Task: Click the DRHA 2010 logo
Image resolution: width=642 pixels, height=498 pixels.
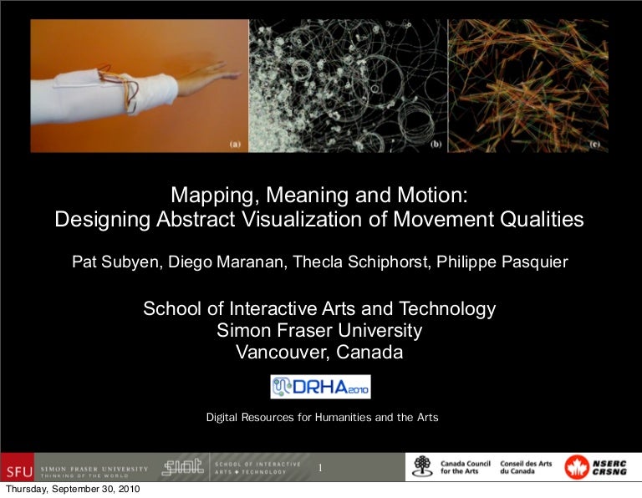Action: tap(321, 387)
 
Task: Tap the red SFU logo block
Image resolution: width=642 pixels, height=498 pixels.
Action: tap(18, 467)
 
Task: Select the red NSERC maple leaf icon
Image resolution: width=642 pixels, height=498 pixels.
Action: tap(577, 467)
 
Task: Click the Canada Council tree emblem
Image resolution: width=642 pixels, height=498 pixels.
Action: tap(422, 466)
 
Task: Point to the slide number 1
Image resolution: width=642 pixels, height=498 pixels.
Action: tap(320, 468)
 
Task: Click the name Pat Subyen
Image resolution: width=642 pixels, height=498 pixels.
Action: tap(115, 262)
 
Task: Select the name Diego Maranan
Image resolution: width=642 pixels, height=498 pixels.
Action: tap(226, 262)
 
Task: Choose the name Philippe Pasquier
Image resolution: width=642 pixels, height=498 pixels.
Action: tap(502, 262)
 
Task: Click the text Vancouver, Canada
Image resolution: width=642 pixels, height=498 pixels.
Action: tap(319, 352)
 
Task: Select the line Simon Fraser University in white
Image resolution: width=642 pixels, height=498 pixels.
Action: tap(319, 330)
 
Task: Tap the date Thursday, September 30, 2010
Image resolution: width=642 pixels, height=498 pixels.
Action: tap(73, 489)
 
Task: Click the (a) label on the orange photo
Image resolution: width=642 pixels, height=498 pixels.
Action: tap(236, 144)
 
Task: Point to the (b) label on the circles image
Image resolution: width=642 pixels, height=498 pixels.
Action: tap(436, 144)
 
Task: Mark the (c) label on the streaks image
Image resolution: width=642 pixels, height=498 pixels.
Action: tap(594, 144)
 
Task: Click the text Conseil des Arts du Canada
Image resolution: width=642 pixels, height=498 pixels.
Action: tap(526, 467)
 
